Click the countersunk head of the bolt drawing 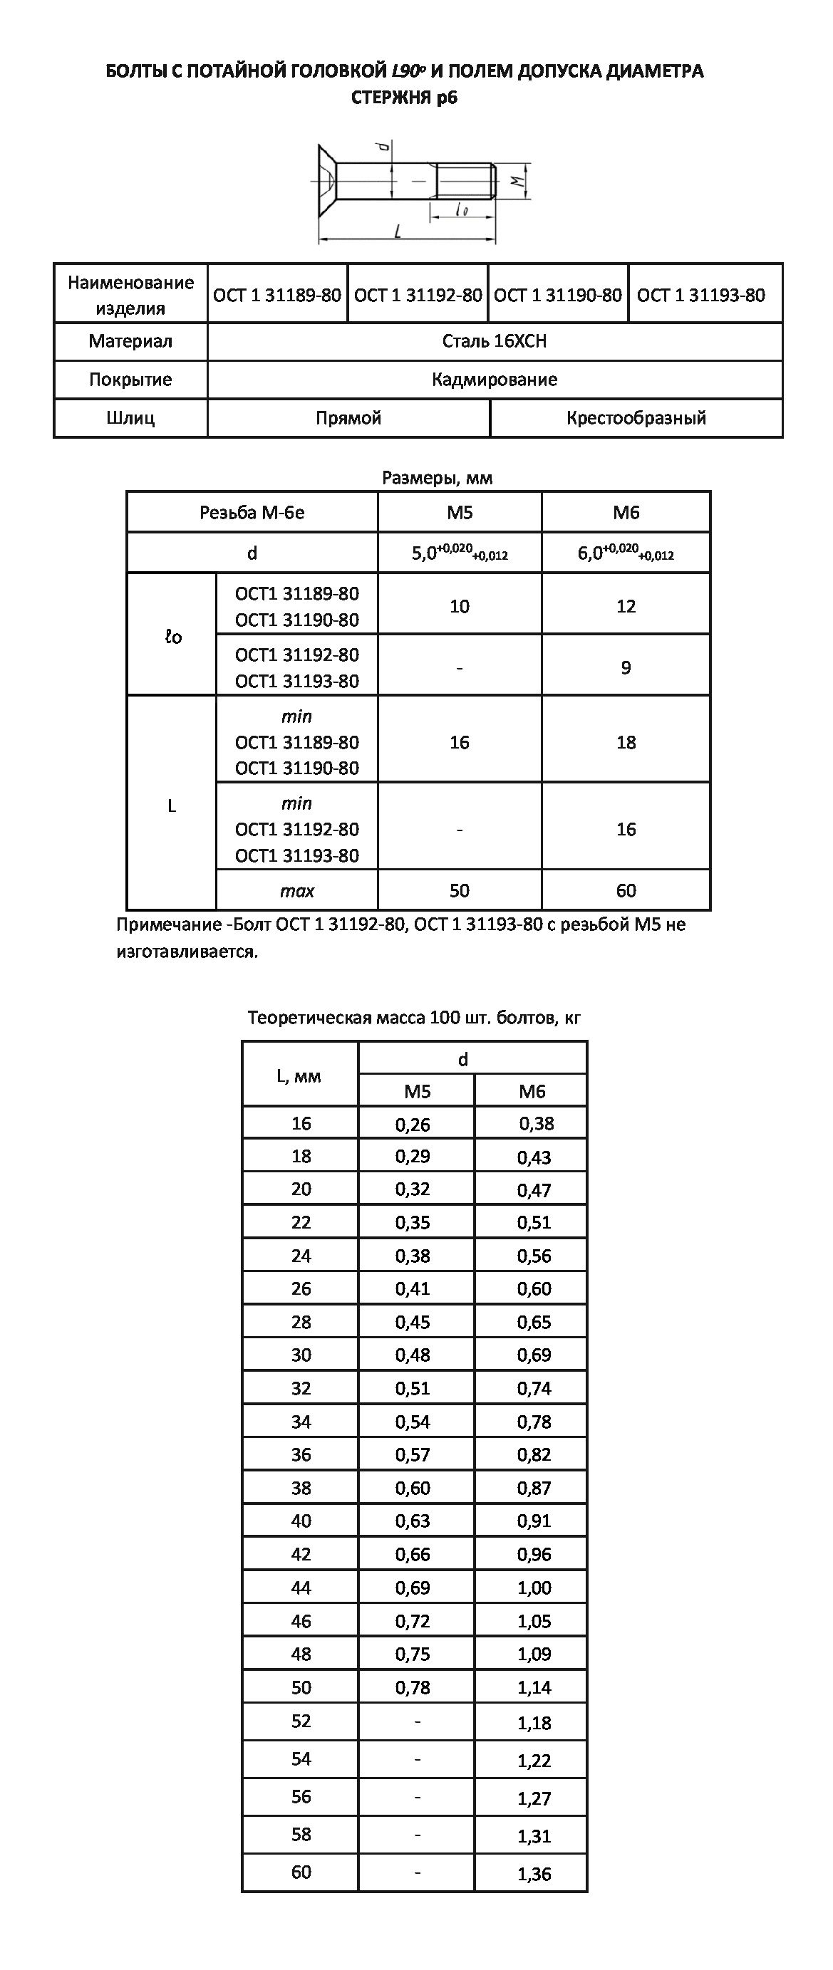click(x=327, y=180)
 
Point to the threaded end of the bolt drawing click(x=466, y=181)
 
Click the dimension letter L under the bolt click(x=398, y=231)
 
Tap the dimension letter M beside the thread click(x=518, y=181)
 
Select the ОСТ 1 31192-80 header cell click(x=418, y=295)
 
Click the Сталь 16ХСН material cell click(x=494, y=341)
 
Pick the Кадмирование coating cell click(x=494, y=380)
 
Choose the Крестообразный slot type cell click(x=636, y=417)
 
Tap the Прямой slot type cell click(x=348, y=417)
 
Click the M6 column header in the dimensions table click(x=626, y=512)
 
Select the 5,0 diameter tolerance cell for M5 click(x=459, y=553)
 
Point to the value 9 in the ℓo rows click(x=626, y=667)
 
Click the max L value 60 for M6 click(x=626, y=890)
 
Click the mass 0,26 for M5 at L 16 click(x=413, y=1124)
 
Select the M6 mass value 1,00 click(x=534, y=1588)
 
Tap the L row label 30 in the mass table click(x=301, y=1355)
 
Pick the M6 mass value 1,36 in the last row click(x=534, y=1874)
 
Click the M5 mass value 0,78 click(x=413, y=1687)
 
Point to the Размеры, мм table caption click(x=437, y=478)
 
